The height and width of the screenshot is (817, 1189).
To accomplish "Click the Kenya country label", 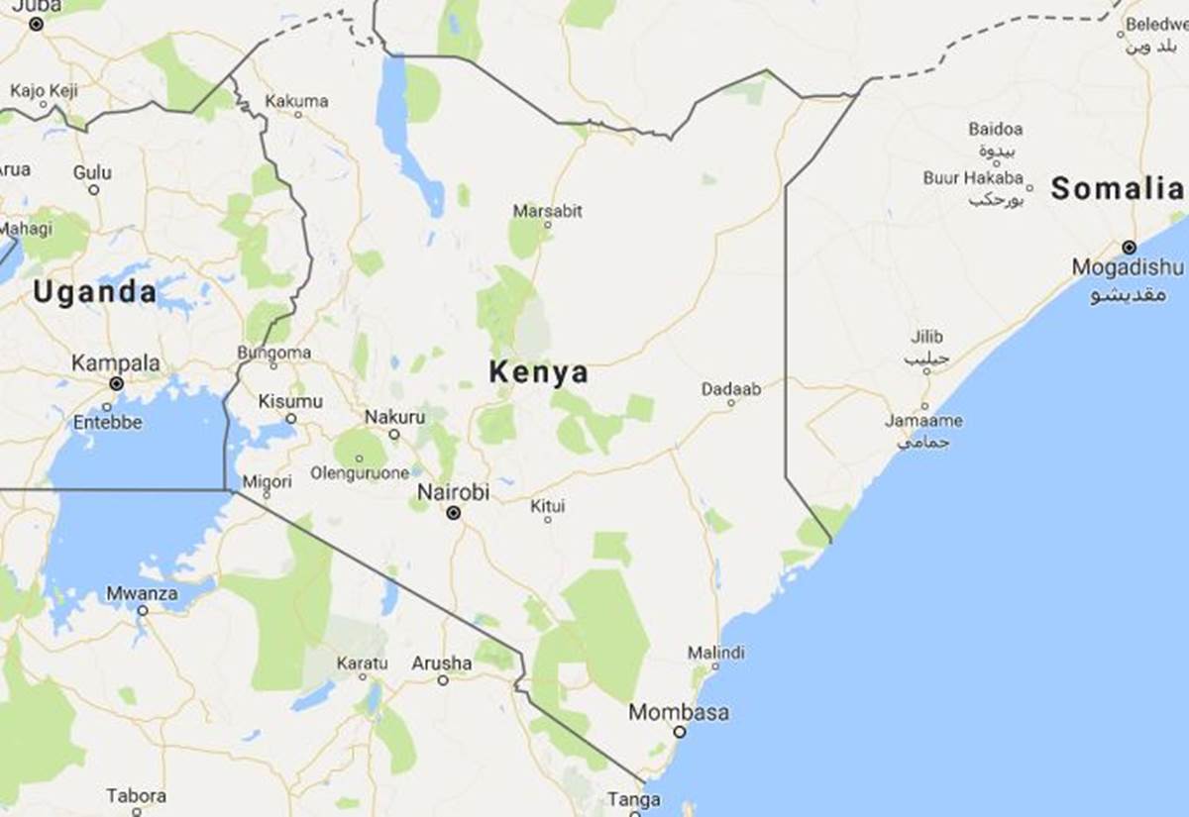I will [538, 373].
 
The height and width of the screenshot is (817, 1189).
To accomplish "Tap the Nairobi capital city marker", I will [454, 513].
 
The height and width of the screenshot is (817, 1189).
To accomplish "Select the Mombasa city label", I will [679, 712].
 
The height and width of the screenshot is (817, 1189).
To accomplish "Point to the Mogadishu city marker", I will [1129, 247].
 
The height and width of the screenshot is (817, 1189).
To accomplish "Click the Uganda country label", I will [94, 292].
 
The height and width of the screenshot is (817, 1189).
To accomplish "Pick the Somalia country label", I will [1117, 188].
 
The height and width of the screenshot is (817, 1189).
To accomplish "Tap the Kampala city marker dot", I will [116, 383].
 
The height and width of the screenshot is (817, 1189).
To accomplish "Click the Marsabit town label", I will [548, 210].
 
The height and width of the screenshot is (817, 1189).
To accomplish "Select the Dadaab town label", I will [731, 389].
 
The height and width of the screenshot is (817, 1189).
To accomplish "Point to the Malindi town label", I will [715, 653].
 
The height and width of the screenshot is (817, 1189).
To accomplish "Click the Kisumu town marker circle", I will [289, 418].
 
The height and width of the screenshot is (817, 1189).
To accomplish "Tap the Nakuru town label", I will [394, 417].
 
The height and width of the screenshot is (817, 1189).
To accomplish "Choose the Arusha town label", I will [442, 663].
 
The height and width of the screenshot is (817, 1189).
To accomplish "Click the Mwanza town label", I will [142, 594].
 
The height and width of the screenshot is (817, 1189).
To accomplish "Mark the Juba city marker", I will [36, 24].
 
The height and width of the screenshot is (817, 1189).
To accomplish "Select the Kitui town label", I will [547, 505].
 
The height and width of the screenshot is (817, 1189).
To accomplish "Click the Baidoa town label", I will [996, 129].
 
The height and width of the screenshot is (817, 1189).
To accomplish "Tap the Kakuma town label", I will [297, 101].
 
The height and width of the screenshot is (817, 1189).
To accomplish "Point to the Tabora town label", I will [136, 795].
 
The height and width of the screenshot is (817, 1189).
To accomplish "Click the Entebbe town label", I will [107, 422].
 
